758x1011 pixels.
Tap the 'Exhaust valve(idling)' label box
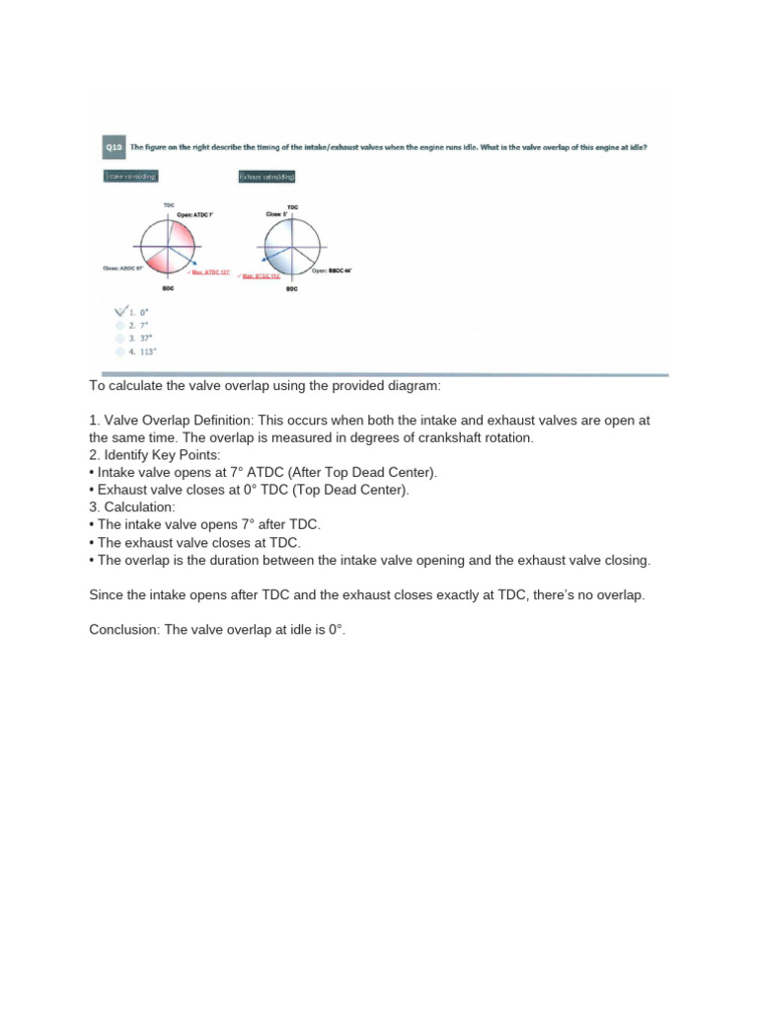point(266,177)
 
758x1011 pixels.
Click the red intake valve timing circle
point(169,247)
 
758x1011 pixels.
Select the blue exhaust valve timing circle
point(292,247)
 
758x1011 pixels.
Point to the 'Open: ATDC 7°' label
point(194,213)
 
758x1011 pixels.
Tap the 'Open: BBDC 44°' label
point(332,270)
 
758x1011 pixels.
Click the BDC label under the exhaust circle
point(291,289)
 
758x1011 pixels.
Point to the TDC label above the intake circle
point(169,205)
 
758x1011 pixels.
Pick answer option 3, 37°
point(137,337)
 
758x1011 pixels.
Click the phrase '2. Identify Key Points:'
point(154,454)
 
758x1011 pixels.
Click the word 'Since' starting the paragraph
point(107,596)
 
